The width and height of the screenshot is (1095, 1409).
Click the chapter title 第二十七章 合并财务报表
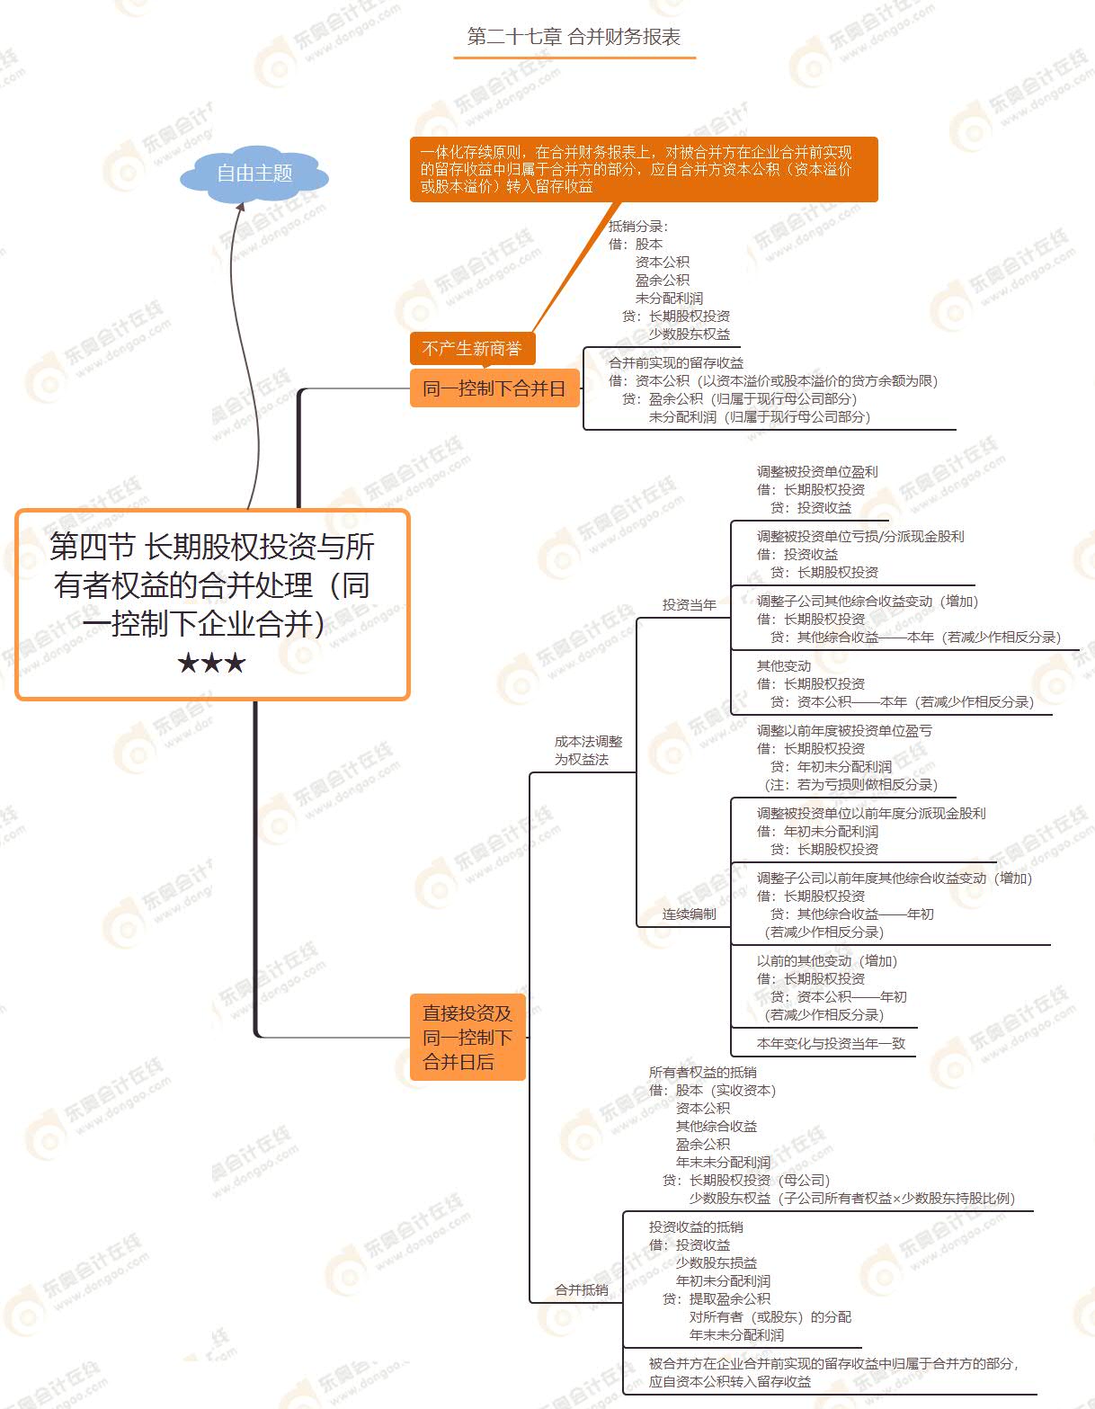[x=574, y=37]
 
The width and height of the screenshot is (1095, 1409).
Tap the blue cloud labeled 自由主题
[x=254, y=173]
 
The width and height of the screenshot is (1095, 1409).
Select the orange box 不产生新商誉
[x=472, y=348]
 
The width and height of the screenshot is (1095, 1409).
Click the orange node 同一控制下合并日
[x=494, y=388]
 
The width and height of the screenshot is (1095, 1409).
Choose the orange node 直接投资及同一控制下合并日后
[x=467, y=1037]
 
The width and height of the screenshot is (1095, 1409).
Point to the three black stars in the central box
[x=211, y=664]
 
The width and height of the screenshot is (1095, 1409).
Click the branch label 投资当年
[x=690, y=604]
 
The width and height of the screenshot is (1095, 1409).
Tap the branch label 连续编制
[x=690, y=914]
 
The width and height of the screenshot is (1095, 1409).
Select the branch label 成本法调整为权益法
[x=588, y=750]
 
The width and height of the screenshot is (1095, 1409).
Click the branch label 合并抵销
[x=582, y=1289]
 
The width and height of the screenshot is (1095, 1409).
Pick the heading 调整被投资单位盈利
[x=817, y=471]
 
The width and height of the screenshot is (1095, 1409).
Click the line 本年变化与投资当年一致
[x=831, y=1043]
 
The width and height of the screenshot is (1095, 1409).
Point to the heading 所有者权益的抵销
[x=703, y=1072]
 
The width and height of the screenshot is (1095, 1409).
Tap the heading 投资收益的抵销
[x=696, y=1226]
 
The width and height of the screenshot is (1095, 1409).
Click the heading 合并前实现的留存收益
[x=676, y=362]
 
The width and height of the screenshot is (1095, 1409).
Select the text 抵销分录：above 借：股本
[x=638, y=226]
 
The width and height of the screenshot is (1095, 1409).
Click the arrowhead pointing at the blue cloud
[x=240, y=207]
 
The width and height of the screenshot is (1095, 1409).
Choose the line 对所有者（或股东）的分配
[x=770, y=1316]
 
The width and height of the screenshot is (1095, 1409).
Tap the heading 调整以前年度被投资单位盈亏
[x=844, y=730]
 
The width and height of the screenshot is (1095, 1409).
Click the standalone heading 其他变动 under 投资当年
[x=784, y=665]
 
